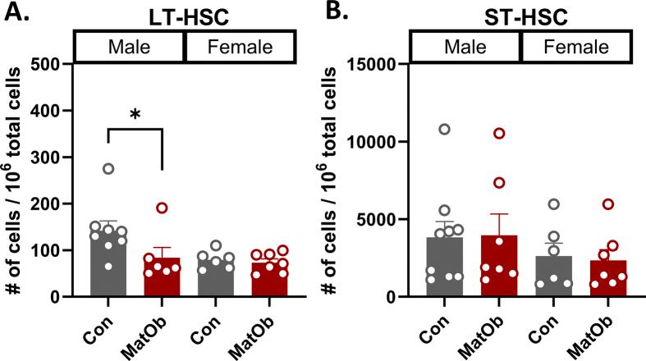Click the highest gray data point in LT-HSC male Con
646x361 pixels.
[108, 169]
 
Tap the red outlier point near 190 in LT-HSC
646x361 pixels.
[162, 208]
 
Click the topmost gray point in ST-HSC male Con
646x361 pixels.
[444, 129]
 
